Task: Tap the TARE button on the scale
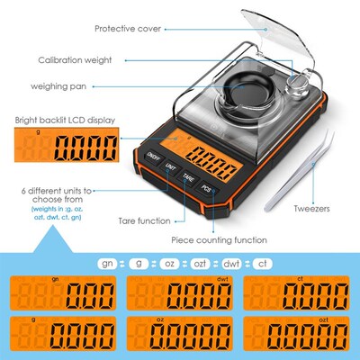coord(188,178)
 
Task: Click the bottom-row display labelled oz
coord(180,337)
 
